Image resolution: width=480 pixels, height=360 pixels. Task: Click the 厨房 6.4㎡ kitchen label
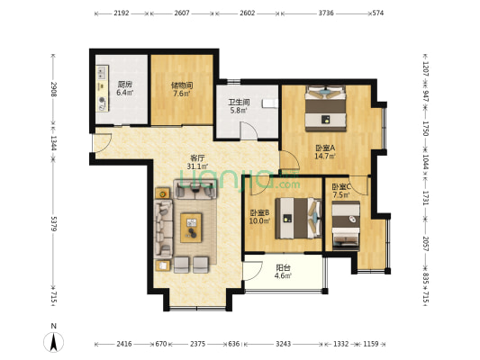[124, 88]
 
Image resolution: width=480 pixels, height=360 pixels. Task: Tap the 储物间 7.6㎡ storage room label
[182, 89]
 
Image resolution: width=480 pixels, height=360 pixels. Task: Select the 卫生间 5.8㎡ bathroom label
[239, 106]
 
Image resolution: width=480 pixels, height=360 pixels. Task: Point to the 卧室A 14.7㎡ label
[325, 152]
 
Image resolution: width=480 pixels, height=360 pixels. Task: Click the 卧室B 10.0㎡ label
[259, 217]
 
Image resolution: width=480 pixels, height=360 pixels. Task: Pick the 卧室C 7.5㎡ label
[341, 191]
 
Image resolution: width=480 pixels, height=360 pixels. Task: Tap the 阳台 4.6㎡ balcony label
[283, 272]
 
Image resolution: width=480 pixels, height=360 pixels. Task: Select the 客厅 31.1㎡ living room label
[197, 162]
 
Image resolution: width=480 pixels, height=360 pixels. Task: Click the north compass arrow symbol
[53, 342]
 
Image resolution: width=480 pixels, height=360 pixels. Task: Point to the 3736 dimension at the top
[326, 13]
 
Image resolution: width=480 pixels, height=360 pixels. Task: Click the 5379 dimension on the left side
[53, 224]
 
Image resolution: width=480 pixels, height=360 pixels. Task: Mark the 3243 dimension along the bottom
[283, 344]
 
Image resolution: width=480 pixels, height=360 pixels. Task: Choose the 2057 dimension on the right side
[425, 244]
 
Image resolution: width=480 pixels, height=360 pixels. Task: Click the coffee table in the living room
[191, 228]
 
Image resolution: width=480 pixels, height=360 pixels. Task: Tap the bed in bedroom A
[326, 109]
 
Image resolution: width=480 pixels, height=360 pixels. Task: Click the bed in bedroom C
[346, 226]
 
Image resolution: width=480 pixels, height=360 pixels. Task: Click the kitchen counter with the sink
[103, 88]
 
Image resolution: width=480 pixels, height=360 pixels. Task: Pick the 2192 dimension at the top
[122, 13]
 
